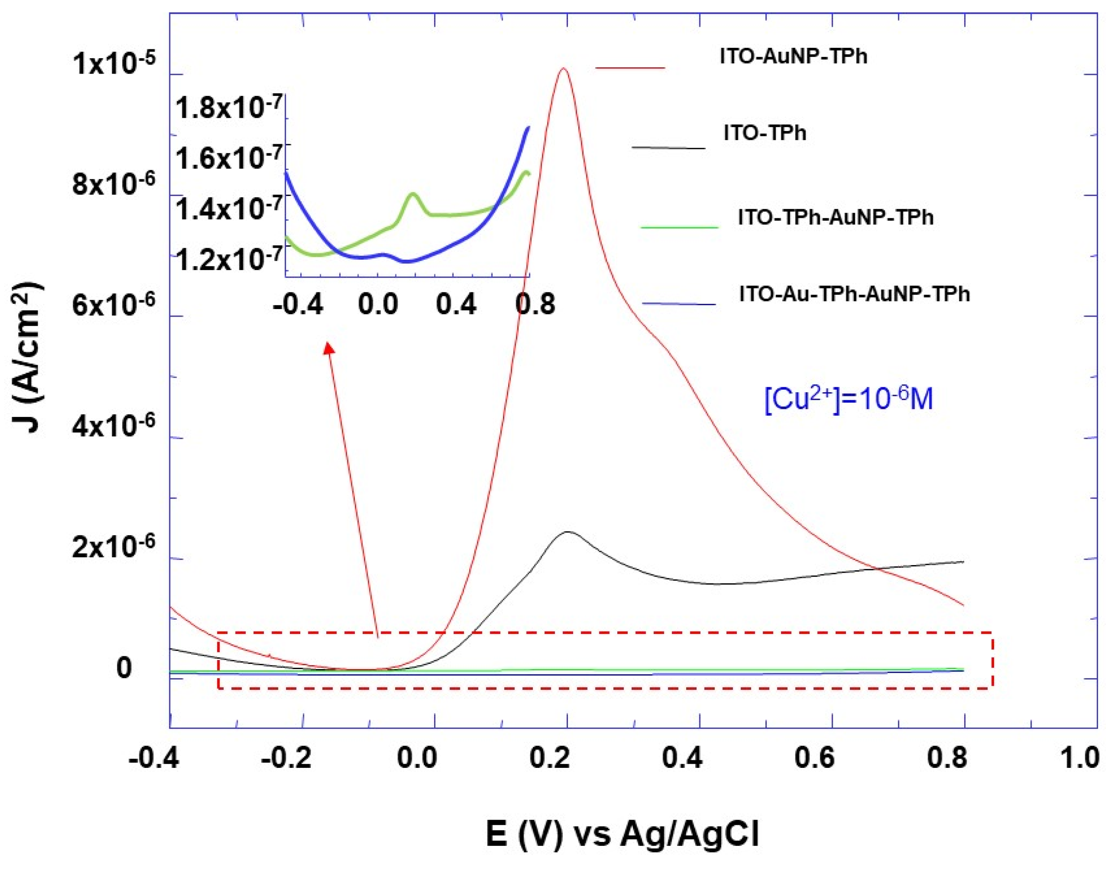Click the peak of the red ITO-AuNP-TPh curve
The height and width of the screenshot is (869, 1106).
click(563, 68)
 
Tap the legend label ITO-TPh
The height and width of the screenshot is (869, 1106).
click(765, 133)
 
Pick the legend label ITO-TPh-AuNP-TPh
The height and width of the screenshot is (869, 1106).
click(835, 218)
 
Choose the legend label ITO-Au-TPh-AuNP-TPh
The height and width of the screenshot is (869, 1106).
click(854, 294)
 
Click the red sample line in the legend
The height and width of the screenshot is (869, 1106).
click(630, 67)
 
